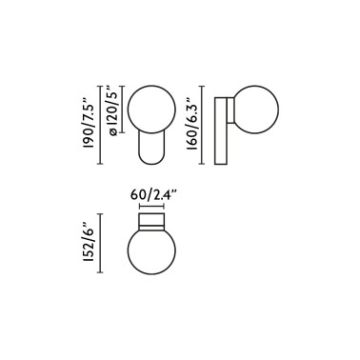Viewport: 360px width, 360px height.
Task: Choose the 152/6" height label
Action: coord(89,246)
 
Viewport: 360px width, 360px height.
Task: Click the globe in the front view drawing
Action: coord(150,108)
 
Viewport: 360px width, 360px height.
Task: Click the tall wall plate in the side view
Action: coord(221,130)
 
